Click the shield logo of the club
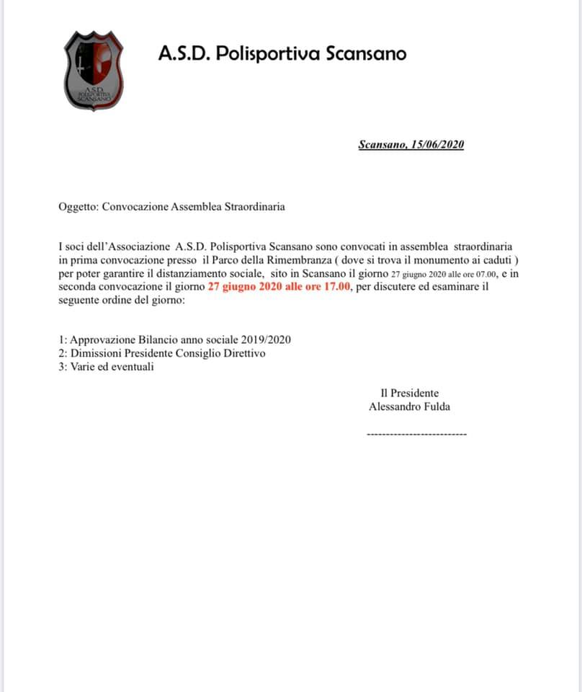94,71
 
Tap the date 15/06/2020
437,144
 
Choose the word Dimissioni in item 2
94,353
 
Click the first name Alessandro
393,407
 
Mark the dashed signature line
416,434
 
